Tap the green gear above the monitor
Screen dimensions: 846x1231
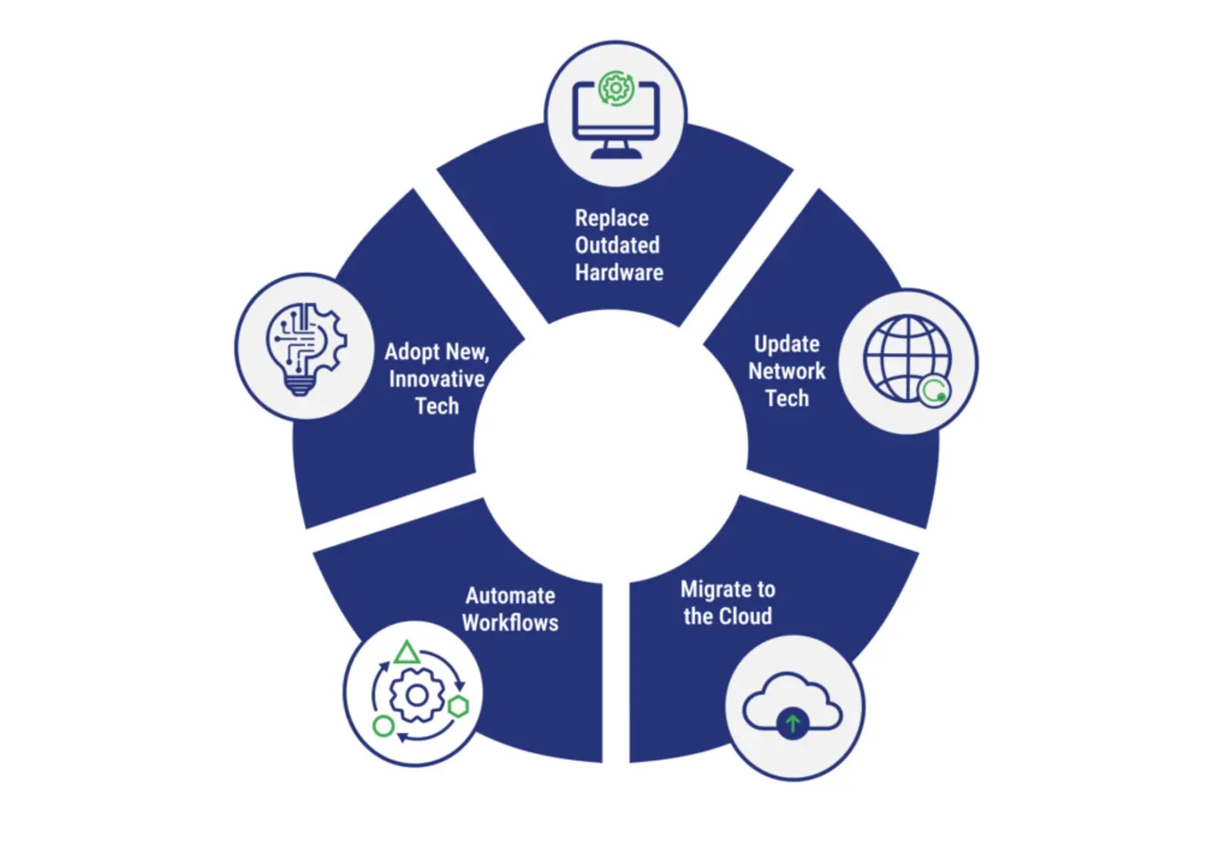tap(615, 88)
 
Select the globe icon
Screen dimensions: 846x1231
tap(906, 358)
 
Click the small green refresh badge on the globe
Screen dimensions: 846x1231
tap(934, 391)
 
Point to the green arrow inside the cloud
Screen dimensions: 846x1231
tap(792, 724)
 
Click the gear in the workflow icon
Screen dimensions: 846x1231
tap(417, 695)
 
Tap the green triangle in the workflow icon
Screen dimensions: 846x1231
tap(406, 654)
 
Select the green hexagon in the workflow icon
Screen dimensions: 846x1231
tap(459, 706)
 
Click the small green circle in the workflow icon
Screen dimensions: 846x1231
tap(383, 725)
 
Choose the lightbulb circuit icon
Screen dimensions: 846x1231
tap(305, 347)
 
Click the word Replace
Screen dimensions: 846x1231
tap(612, 218)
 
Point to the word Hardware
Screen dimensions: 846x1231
tap(619, 272)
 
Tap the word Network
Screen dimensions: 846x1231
tap(786, 371)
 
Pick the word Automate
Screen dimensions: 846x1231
tap(510, 596)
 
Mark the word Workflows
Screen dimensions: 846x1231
tap(510, 623)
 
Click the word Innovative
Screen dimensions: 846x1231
tap(436, 379)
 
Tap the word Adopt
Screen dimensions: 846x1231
tap(412, 352)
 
